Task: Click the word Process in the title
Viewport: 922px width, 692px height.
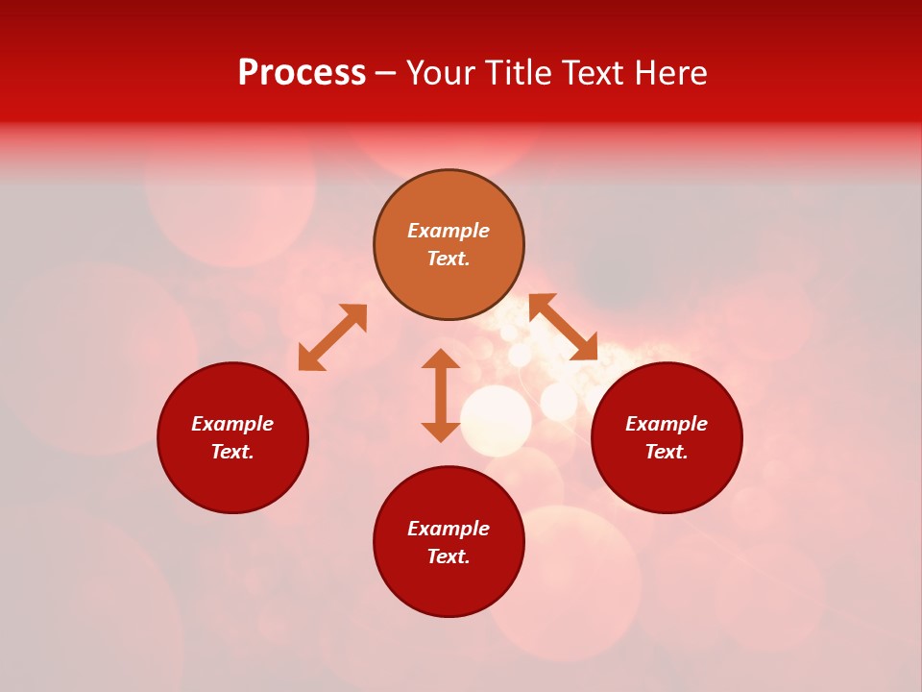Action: point(302,73)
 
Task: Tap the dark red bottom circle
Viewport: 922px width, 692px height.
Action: point(449,588)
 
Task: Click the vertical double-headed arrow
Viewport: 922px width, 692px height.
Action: point(441,395)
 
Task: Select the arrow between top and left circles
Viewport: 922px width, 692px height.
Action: point(332,337)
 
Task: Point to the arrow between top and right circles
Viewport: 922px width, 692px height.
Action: point(564,327)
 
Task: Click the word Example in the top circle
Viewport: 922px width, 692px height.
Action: point(449,231)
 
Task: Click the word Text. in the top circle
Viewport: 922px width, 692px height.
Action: point(449,259)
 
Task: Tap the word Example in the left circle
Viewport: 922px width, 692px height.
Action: point(232,424)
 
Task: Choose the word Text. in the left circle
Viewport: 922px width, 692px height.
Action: point(232,452)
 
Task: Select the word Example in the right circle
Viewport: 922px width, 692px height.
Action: point(667,424)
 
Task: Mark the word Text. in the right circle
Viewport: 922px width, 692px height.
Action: point(667,452)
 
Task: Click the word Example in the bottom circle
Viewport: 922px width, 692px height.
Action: point(449,529)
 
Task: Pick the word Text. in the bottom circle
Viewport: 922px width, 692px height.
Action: point(449,556)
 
